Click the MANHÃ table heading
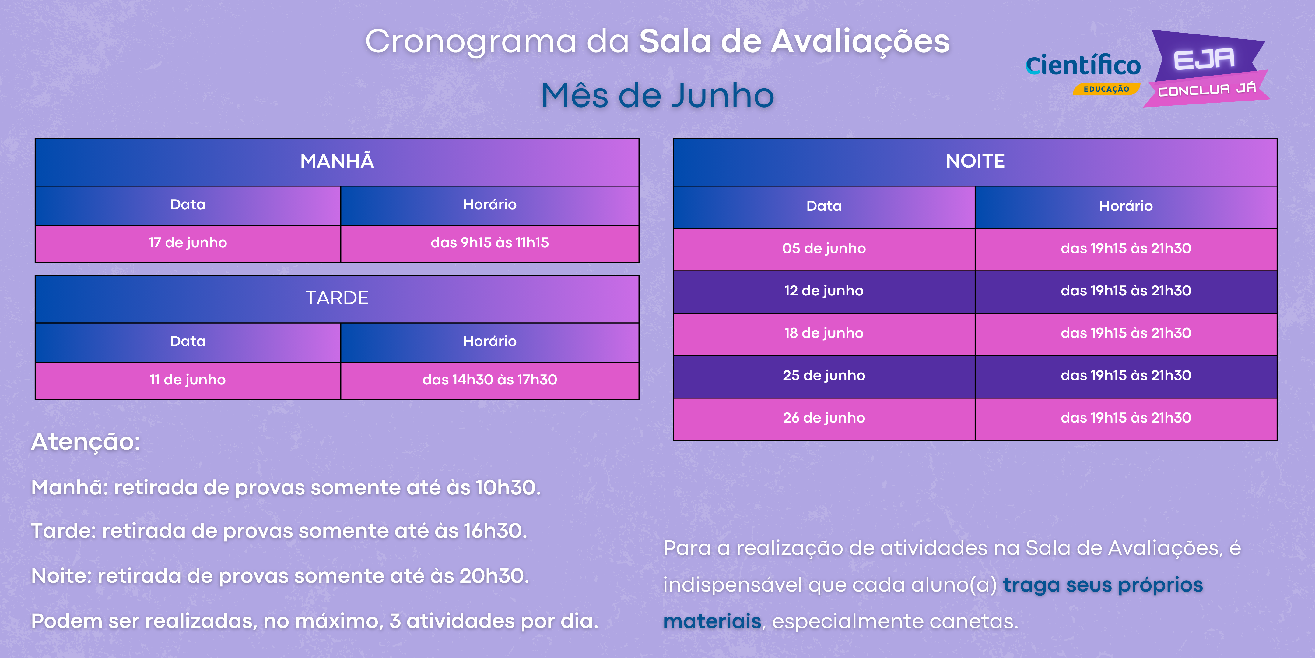click(x=337, y=161)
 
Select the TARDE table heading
click(x=337, y=298)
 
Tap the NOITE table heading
click(x=975, y=161)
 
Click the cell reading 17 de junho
click(x=188, y=243)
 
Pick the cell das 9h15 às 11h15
click(x=489, y=243)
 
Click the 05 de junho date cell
click(x=824, y=249)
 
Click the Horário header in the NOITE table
click(x=1126, y=207)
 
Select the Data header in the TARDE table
click(x=188, y=342)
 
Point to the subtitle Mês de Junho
click(x=657, y=96)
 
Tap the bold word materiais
click(x=712, y=621)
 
